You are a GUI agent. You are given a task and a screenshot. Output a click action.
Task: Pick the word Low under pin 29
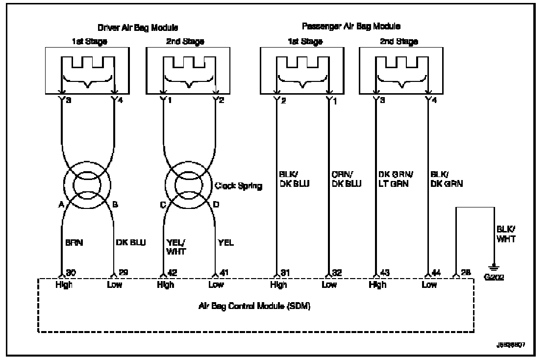tap(115, 285)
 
